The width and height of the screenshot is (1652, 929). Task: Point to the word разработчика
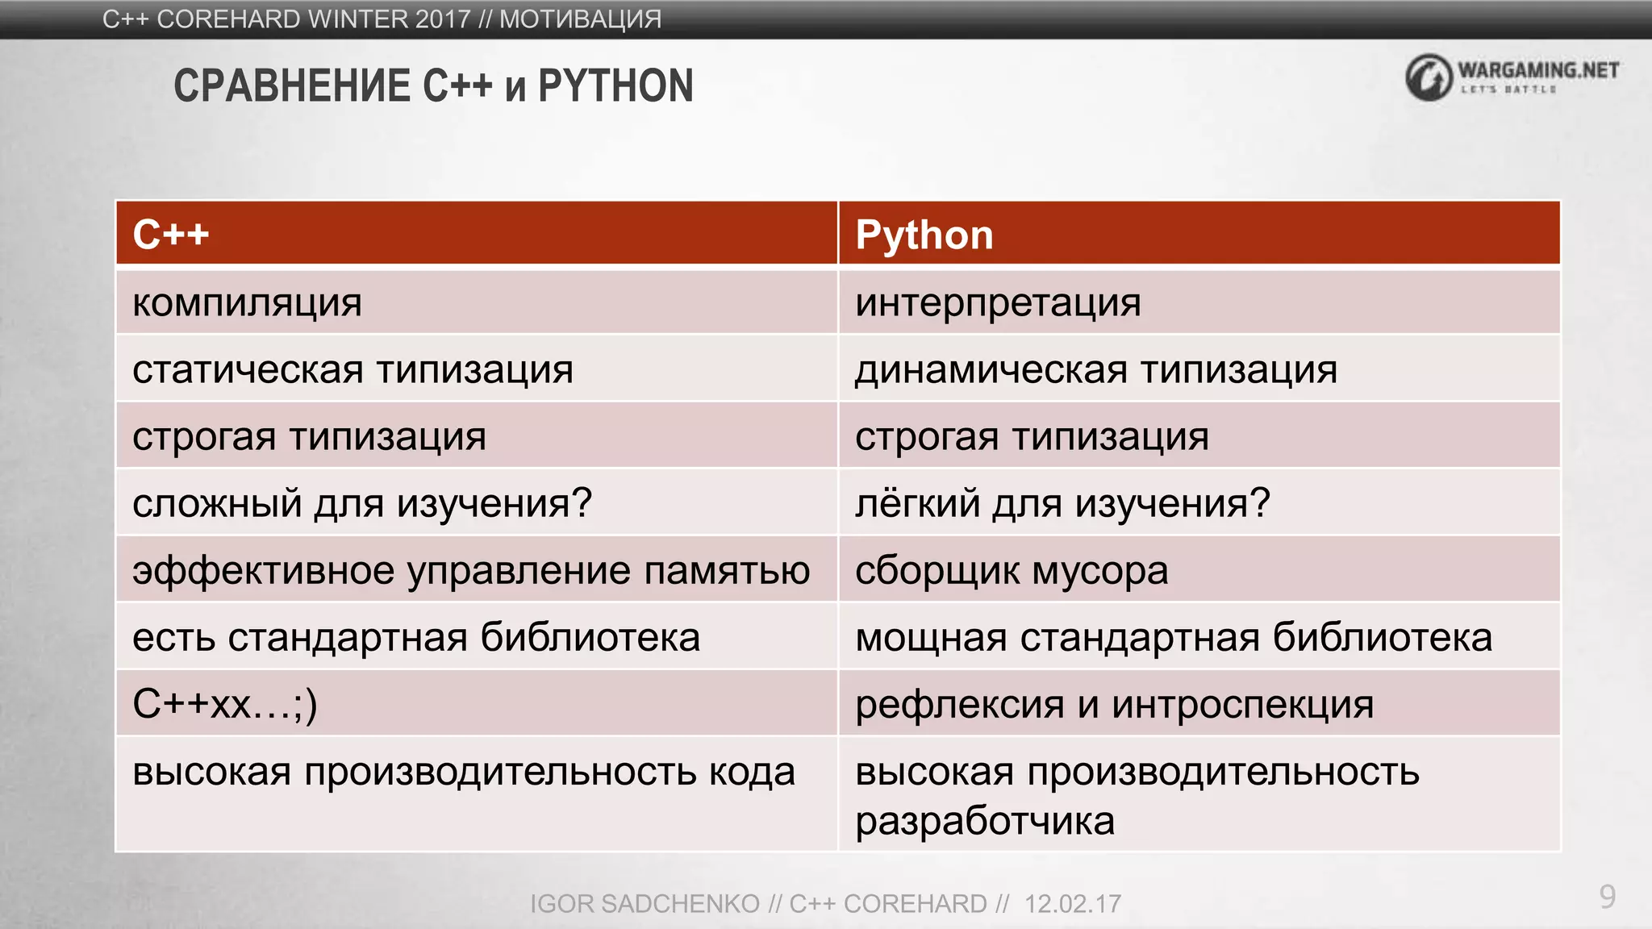tap(985, 821)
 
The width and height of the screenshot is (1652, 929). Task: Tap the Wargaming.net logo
tap(1512, 77)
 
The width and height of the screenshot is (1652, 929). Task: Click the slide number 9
tap(1607, 897)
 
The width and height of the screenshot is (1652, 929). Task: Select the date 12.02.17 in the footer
tap(1072, 904)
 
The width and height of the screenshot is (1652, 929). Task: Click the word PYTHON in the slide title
tap(615, 86)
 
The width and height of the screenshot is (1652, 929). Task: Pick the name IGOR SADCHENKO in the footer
tap(645, 904)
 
